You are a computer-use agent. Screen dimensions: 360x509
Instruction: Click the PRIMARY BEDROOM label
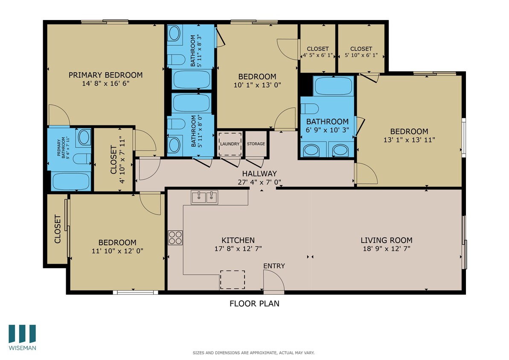coord(105,75)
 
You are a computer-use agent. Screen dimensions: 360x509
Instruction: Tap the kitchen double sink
coord(204,197)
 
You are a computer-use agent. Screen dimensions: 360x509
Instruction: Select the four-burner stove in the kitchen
coord(175,237)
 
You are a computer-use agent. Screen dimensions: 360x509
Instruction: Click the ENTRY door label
coord(273,266)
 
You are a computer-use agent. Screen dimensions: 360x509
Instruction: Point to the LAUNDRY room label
coord(230,144)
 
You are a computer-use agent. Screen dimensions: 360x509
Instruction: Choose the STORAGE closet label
coord(256,144)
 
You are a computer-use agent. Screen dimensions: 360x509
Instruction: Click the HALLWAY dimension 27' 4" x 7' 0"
coord(259,182)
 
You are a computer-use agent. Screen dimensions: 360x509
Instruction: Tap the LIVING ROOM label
coord(386,240)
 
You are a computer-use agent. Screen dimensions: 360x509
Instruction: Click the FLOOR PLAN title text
coord(254,304)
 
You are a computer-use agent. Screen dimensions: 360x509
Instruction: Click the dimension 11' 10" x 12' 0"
coord(117,251)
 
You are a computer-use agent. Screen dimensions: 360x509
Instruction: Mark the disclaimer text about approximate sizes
coord(254,353)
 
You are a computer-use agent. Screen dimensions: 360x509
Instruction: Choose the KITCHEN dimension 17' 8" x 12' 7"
coord(238,248)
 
